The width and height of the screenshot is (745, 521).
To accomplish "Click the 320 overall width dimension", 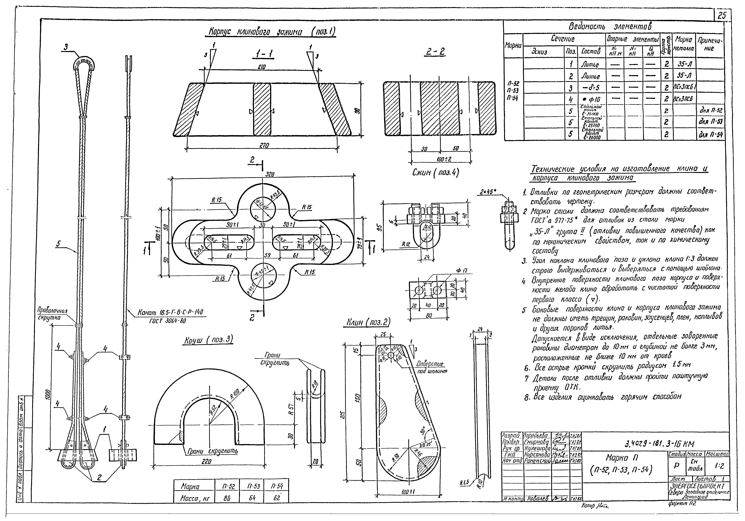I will click(x=270, y=174).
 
